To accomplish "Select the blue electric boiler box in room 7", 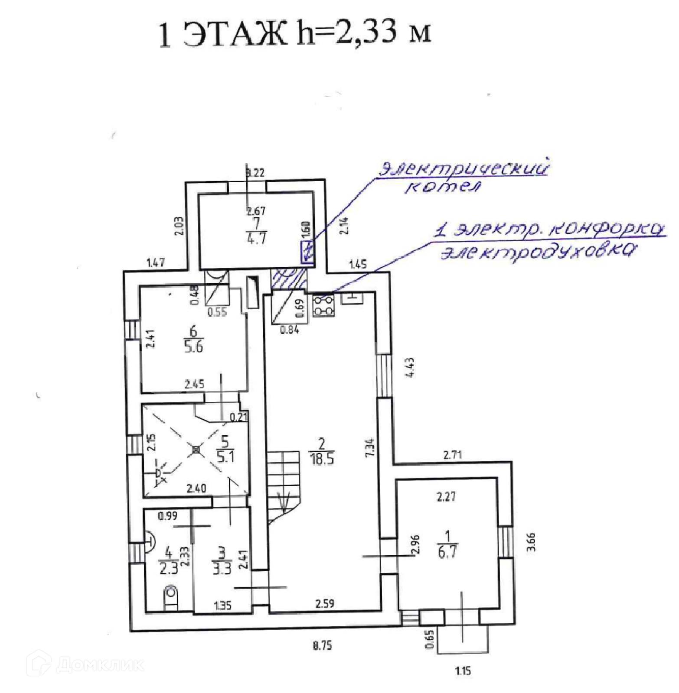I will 307,252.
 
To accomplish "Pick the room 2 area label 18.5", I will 322,458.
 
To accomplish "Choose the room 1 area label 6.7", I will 447,553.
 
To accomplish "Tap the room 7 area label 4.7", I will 256,238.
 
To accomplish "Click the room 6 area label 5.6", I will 193,346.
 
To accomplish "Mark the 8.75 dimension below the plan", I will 322,646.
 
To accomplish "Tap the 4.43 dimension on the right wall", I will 409,367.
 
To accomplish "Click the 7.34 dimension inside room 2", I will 370,447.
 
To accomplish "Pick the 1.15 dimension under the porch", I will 463,671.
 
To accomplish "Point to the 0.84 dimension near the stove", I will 289,330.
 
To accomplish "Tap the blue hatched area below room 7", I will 289,279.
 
